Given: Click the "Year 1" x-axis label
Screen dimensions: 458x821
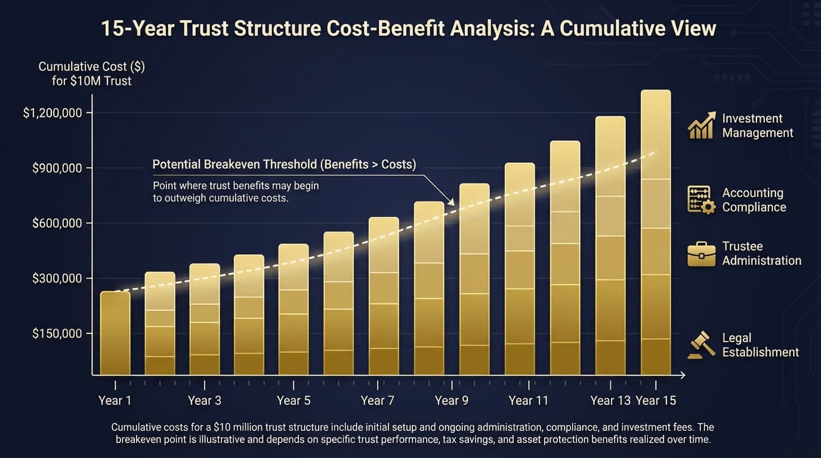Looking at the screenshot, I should point(115,400).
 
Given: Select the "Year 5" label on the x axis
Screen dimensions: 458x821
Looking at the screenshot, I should point(294,400).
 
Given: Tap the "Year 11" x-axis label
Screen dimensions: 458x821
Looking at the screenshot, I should point(528,400).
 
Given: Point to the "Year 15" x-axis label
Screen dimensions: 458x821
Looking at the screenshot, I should point(656,400).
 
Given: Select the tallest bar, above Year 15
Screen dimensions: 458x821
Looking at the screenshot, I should point(656,233).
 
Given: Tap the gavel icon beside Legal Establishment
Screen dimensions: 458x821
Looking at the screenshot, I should point(700,345).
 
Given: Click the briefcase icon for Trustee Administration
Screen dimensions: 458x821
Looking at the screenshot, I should point(701,253).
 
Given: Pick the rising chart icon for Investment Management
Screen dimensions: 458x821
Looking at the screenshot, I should point(701,125).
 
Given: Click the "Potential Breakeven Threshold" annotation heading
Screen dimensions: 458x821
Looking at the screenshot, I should point(284,164).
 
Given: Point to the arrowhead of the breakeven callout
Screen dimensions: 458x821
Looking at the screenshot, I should point(452,204).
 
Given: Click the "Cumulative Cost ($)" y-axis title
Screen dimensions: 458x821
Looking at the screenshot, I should point(91,67).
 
